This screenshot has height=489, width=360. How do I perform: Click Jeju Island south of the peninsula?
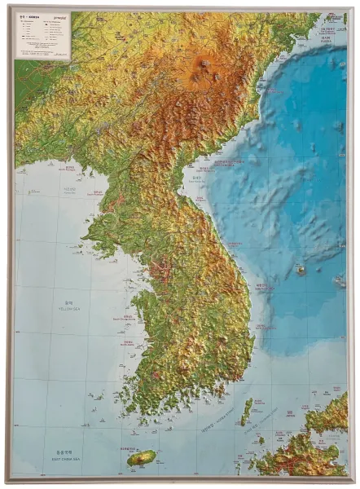(141, 458)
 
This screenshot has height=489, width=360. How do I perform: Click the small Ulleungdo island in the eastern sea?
(301, 270)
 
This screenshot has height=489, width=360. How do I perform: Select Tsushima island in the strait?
(246, 412)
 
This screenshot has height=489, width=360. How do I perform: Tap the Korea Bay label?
(69, 192)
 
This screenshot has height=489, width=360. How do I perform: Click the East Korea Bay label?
(195, 176)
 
